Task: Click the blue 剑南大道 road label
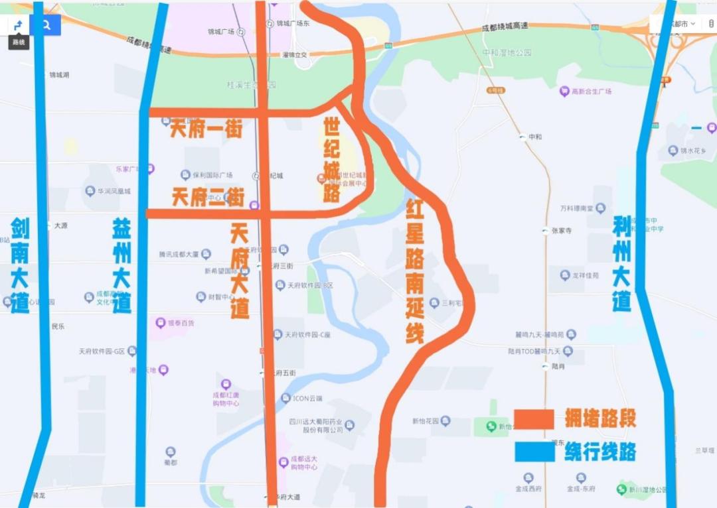click(20, 265)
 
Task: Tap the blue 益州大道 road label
click(121, 265)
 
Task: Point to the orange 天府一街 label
click(205, 129)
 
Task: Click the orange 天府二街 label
click(208, 197)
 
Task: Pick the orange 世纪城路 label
click(332, 160)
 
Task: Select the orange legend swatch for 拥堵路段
click(534, 419)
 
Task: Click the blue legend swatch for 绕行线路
click(534, 452)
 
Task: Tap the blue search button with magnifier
click(46, 25)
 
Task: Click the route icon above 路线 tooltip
click(19, 25)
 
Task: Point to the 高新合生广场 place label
click(590, 92)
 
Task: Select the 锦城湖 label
click(59, 75)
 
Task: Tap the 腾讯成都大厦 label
click(179, 254)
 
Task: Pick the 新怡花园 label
click(426, 421)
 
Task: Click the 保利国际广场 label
click(212, 175)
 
